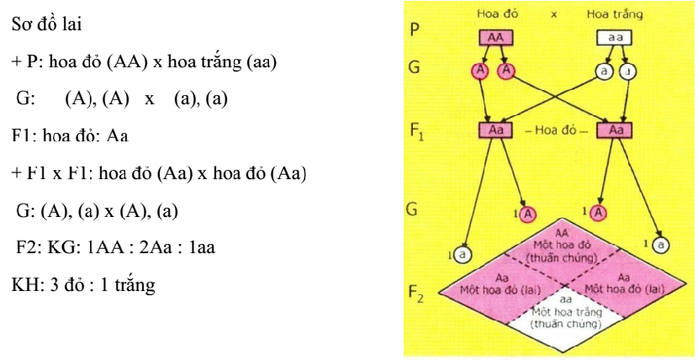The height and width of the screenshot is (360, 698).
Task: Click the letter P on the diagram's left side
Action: [412, 30]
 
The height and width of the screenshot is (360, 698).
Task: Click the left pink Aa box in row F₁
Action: [495, 131]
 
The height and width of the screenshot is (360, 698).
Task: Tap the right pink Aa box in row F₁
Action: [616, 131]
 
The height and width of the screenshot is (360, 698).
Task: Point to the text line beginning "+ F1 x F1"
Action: [156, 177]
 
